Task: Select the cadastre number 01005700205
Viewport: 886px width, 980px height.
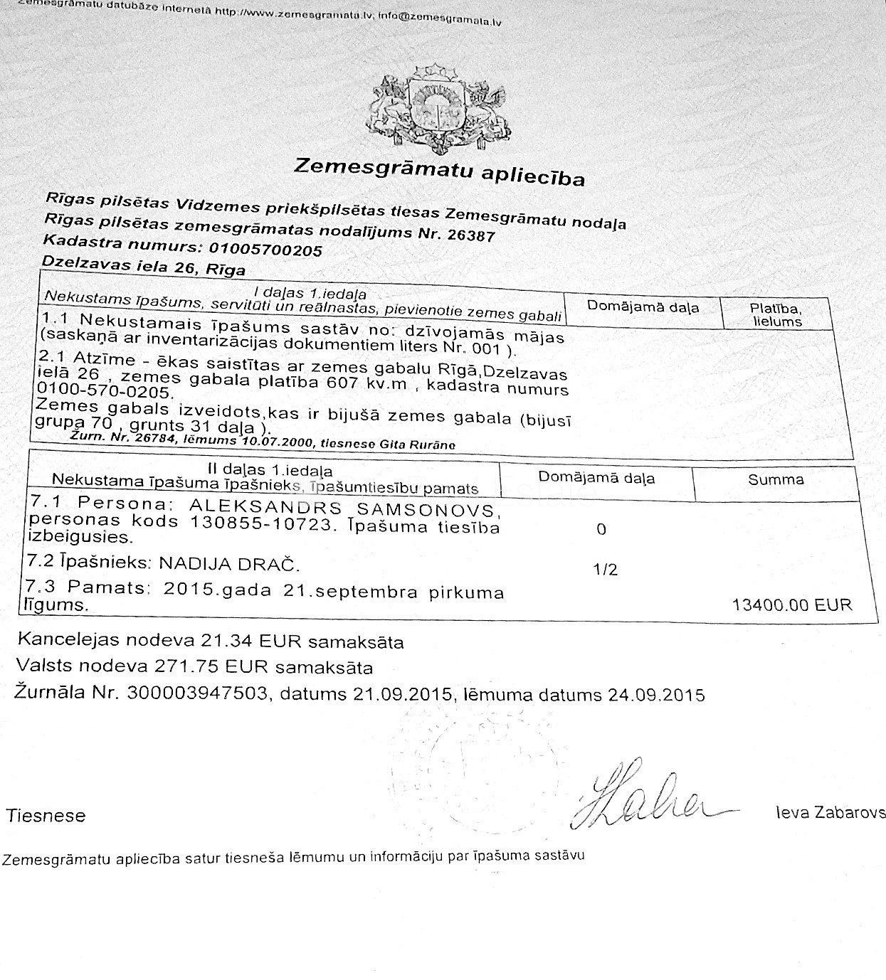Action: coord(262,250)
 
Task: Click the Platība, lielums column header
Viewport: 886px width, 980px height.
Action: coord(775,314)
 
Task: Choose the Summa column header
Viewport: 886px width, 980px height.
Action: coord(776,479)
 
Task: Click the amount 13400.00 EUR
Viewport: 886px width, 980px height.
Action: coord(791,604)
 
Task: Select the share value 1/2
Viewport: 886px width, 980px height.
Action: coord(605,570)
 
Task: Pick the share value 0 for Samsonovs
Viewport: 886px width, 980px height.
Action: coord(601,529)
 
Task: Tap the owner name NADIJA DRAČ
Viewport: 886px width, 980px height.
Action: coord(228,565)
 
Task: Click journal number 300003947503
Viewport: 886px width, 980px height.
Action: coord(196,693)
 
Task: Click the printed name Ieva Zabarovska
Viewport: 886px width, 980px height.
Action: coord(830,813)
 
